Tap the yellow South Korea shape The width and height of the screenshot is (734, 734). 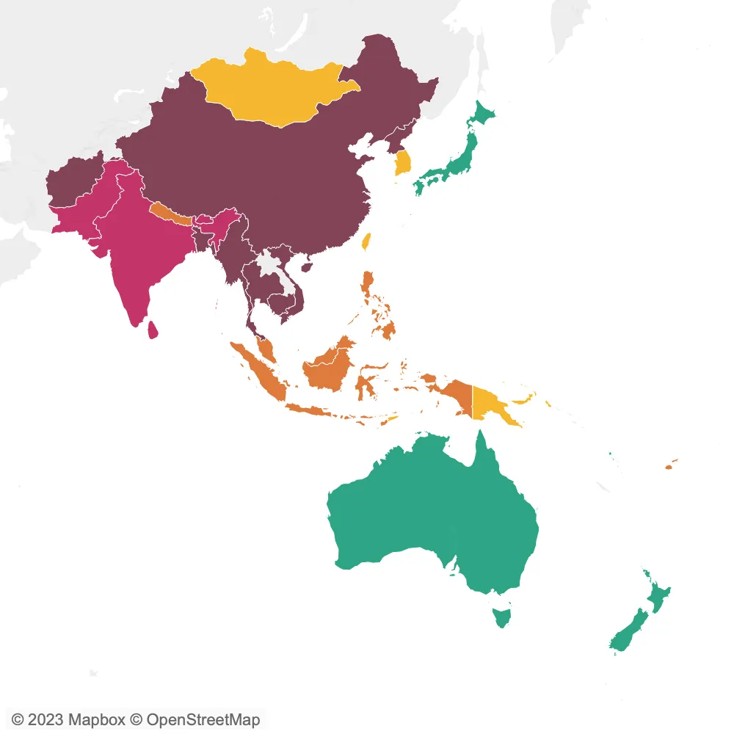[403, 162]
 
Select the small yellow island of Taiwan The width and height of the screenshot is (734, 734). [368, 241]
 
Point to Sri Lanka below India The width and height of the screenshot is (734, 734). [153, 330]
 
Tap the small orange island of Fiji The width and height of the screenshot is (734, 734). [669, 465]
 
